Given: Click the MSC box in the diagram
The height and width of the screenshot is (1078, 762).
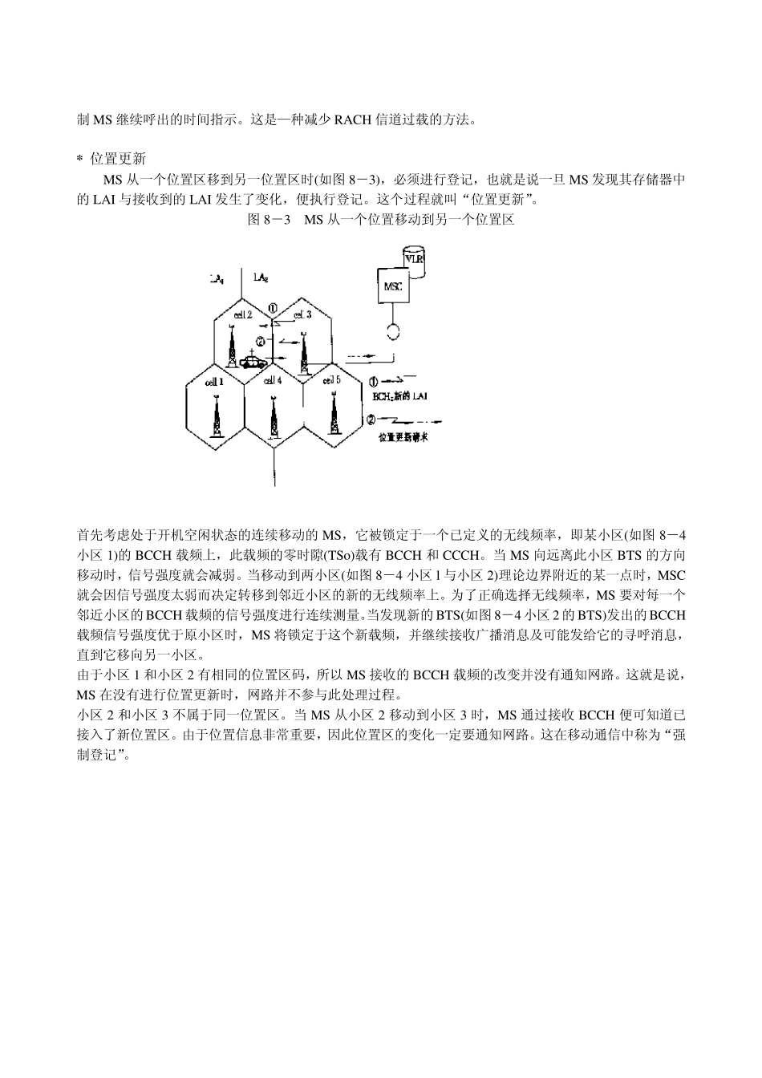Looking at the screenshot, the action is [393, 286].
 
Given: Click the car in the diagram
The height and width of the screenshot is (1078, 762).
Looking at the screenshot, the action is [253, 362].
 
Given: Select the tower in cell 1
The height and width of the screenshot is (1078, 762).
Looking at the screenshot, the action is [215, 417].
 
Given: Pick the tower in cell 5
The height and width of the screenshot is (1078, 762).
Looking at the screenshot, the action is [334, 415].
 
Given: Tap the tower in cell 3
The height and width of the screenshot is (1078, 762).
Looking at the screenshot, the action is [304, 353].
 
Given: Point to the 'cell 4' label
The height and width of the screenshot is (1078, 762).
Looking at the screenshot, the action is [274, 381].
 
